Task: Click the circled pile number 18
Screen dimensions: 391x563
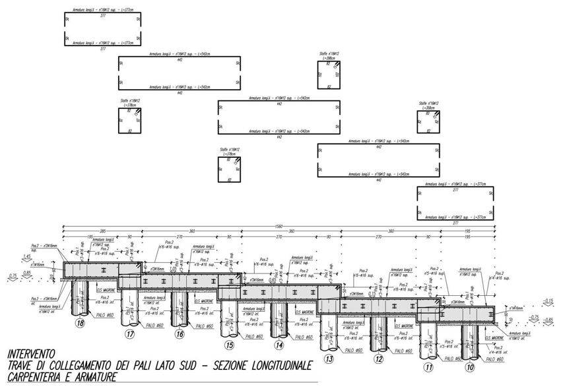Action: [80, 324]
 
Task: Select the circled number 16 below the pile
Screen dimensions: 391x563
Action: [180, 335]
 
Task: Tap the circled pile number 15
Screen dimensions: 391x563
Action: [229, 345]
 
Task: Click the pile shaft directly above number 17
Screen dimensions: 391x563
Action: [129, 307]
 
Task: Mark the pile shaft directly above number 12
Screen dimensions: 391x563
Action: [378, 334]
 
